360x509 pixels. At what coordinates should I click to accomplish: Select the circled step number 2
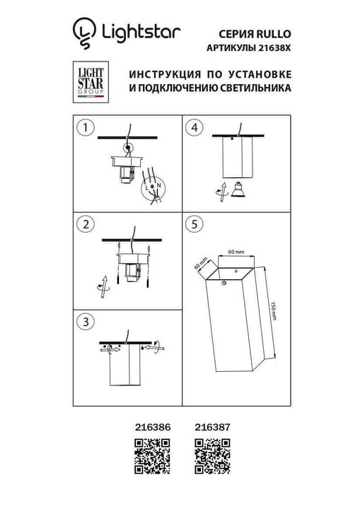[x=86, y=225]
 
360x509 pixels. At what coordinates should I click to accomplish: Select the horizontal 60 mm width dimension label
[x=236, y=252]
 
